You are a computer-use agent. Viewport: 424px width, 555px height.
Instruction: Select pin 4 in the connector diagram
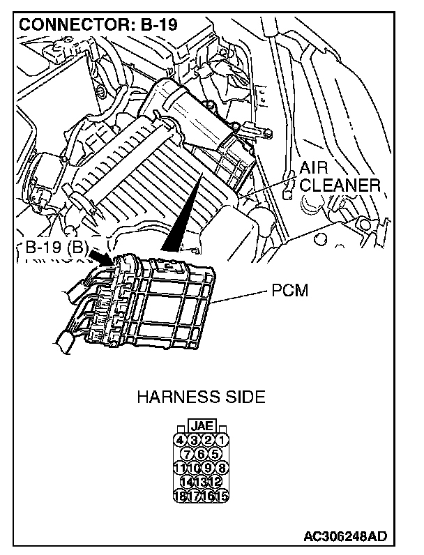180,440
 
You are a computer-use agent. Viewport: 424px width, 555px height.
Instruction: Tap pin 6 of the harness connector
202,454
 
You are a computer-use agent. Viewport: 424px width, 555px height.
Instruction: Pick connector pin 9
209,468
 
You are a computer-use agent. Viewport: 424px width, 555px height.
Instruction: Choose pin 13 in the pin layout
202,482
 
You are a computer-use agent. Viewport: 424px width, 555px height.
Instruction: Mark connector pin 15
222,496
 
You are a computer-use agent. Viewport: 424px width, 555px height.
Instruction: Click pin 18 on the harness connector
180,496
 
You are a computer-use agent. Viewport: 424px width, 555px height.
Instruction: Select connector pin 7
188,454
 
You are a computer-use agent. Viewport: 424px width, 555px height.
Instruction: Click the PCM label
289,290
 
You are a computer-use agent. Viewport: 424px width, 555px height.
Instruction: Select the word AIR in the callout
315,168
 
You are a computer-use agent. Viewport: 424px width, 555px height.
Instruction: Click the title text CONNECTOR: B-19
98,24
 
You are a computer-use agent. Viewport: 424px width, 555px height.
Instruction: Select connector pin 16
209,496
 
